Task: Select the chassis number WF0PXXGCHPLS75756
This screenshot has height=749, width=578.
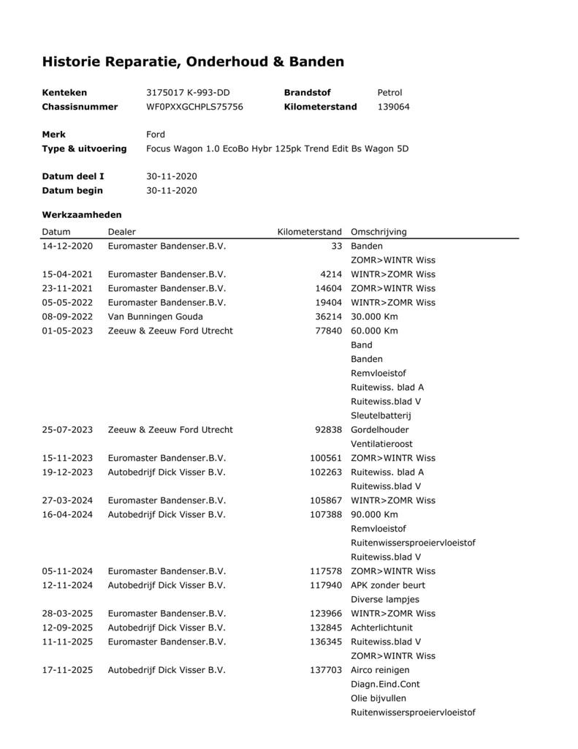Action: pos(194,107)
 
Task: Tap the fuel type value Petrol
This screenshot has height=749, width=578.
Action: pos(389,93)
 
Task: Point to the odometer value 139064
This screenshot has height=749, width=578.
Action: pos(393,107)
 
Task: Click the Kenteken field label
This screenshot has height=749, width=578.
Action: pos(64,93)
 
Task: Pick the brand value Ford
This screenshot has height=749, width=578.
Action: pos(156,135)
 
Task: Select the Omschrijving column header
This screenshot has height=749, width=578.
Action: pos(379,232)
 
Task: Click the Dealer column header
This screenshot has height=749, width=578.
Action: pos(122,232)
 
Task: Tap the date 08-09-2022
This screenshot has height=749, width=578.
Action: pos(67,317)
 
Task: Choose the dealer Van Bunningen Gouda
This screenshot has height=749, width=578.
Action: pos(155,317)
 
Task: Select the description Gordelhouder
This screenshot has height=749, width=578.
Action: pos(380,429)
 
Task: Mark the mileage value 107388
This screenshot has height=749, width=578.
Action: pos(326,514)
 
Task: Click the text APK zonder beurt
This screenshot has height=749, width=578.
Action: pos(388,585)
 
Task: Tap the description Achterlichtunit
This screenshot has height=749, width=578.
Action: pos(382,628)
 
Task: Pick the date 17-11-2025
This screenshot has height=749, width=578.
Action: pos(67,670)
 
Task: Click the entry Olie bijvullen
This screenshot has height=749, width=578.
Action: pos(379,699)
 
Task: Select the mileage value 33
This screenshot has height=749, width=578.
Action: pos(336,246)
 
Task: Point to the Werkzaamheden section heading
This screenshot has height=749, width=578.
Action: pos(82,215)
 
